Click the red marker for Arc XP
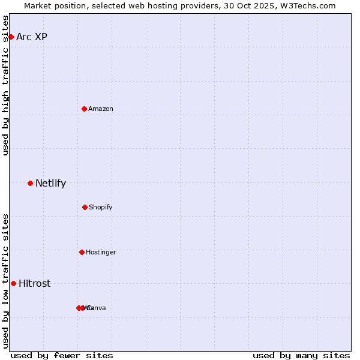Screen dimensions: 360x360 tap(11, 37)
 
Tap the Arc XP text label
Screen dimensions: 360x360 tap(32, 37)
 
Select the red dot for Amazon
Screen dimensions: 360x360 tap(85, 109)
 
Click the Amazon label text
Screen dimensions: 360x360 tap(101, 109)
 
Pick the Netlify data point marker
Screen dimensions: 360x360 tap(30, 183)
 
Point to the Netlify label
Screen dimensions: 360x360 tap(50, 183)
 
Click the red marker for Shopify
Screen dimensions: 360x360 tap(85, 207)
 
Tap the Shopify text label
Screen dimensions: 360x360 tap(101, 207)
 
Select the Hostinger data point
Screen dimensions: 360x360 tap(82, 252)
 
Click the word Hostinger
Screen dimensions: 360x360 tap(101, 252)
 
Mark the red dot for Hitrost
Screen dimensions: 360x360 tap(13, 283)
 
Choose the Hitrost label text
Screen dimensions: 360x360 tap(34, 283)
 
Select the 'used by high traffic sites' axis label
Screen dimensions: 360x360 tap(5, 85)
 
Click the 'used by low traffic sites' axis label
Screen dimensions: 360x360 tap(5, 281)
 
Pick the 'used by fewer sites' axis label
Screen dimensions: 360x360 tap(62, 355)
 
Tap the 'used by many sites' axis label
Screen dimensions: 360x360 tap(301, 355)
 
